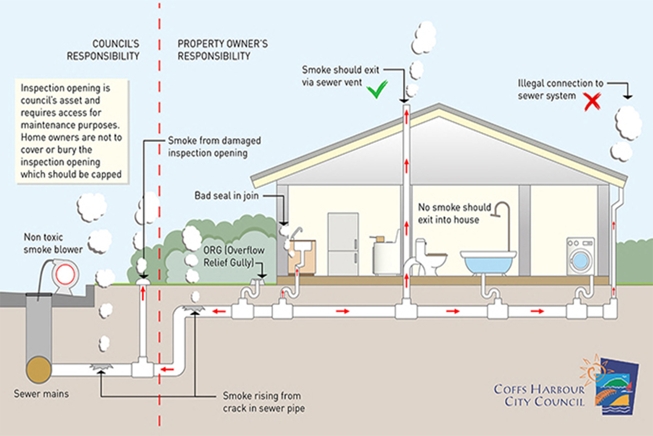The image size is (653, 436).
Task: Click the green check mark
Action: point(377,89)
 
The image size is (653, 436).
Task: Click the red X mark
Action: point(592,102)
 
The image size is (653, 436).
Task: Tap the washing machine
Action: point(580,257)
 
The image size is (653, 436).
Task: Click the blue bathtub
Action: point(488,262)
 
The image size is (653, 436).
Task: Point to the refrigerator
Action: point(343,243)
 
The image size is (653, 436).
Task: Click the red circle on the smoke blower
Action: point(65,275)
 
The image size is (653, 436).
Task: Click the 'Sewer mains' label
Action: point(41,393)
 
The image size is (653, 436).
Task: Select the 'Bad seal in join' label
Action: point(227,196)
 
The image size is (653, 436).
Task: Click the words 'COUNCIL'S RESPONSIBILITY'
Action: point(103,50)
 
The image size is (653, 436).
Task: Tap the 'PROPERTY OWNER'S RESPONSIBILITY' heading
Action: point(222,50)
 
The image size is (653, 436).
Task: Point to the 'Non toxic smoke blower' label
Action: point(53,243)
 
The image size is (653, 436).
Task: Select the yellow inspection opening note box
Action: point(72,131)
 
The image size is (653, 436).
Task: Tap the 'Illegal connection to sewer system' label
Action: point(560,89)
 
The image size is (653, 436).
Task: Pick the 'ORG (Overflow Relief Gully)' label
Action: point(234,257)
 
